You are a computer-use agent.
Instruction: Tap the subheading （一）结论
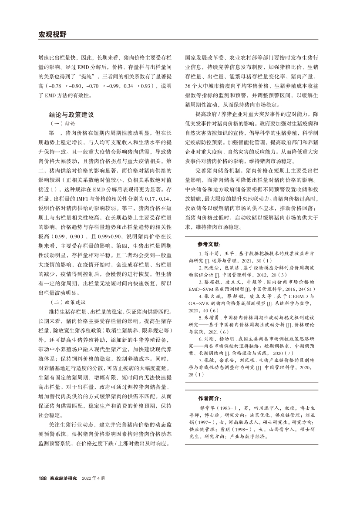63,124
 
